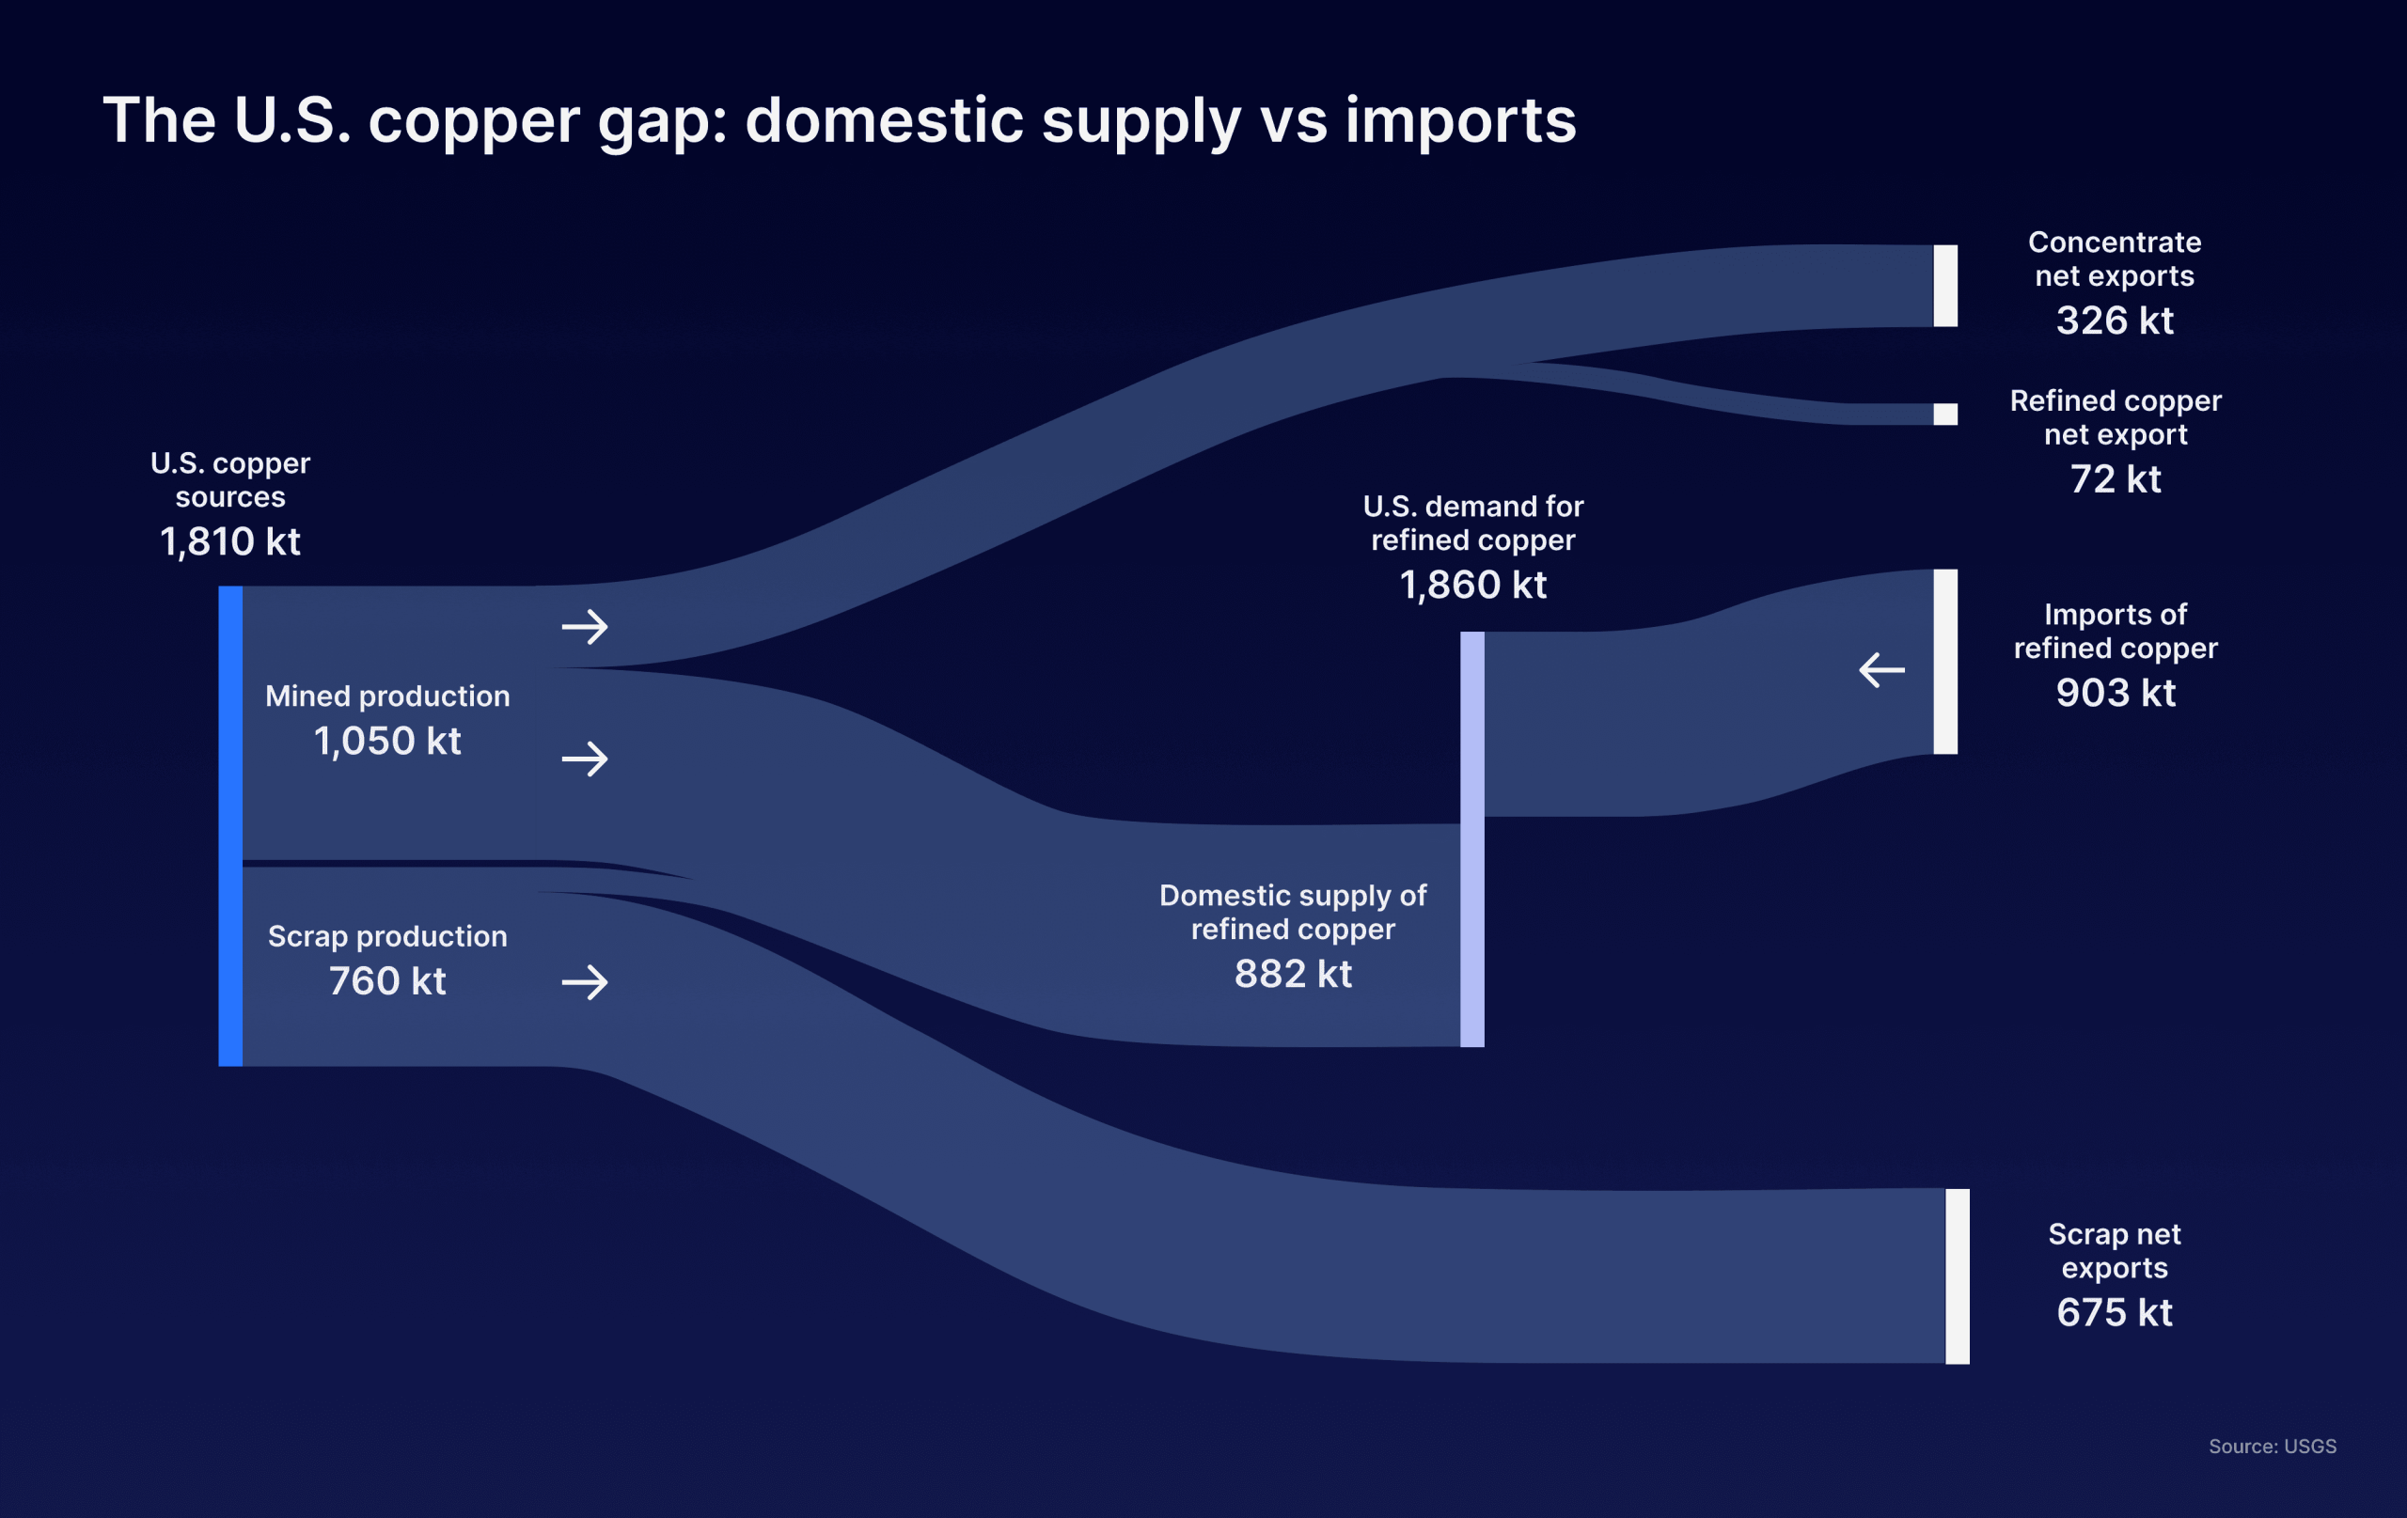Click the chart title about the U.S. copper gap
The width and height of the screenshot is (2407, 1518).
(839, 122)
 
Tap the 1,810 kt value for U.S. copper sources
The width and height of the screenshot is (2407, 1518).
(230, 541)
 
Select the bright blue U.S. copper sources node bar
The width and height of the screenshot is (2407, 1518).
(230, 825)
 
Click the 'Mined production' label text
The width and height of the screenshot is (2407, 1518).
(387, 696)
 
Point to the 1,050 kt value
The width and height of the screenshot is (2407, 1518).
(387, 742)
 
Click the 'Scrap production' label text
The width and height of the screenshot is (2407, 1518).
(387, 936)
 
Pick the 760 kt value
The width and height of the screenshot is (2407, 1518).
(387, 981)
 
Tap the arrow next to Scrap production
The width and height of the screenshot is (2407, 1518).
(585, 982)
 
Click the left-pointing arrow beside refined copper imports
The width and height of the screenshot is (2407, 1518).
(1881, 669)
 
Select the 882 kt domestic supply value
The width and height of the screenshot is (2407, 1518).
(1293, 975)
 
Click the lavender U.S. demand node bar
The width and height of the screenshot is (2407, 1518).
(1471, 838)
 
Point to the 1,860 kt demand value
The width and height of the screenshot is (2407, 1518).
(1472, 586)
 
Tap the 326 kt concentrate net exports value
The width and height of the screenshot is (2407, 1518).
(2115, 321)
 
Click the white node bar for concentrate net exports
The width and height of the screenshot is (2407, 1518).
(1945, 286)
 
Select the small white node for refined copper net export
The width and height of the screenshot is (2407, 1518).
(1945, 414)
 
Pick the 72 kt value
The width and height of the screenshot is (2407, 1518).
(2116, 479)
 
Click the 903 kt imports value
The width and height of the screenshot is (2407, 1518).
(2116, 694)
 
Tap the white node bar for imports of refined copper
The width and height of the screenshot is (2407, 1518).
(1945, 662)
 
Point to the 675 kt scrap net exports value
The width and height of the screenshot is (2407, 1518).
(2115, 1313)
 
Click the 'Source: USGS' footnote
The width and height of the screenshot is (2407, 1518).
(2272, 1446)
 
